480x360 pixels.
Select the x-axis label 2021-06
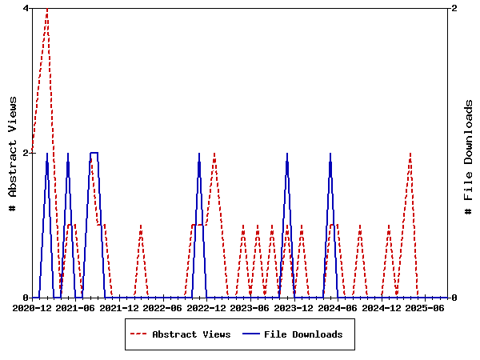tap(76, 308)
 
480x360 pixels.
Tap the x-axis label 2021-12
tap(119, 308)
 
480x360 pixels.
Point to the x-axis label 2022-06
tap(163, 308)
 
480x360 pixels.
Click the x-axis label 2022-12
tap(206, 308)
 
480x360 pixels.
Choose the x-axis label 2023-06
tap(250, 308)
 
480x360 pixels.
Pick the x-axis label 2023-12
tap(294, 308)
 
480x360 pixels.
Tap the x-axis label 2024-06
tap(338, 308)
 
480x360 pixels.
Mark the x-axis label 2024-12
tap(381, 308)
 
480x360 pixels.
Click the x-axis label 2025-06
tap(425, 308)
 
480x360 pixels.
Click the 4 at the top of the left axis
tap(26, 8)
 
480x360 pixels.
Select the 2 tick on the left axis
tap(26, 153)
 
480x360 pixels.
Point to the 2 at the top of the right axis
tap(454, 8)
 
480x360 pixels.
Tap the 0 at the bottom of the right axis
tap(454, 298)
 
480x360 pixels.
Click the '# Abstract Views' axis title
tap(13, 153)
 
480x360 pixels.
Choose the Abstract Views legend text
tap(191, 334)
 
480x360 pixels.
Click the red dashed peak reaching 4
tap(47, 9)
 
